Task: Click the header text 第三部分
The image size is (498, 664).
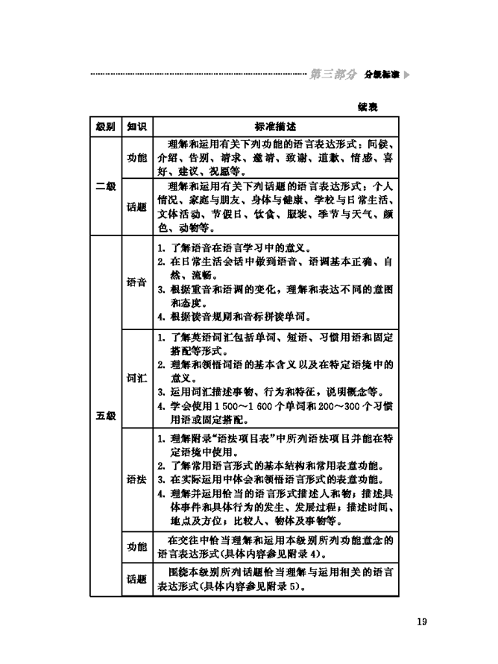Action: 333,75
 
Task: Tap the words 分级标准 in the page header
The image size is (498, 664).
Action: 381,75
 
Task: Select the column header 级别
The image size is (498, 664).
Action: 105,126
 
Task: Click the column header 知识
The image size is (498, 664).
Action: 136,126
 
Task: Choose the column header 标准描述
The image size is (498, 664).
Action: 276,126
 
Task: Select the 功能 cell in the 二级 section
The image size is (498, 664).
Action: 136,158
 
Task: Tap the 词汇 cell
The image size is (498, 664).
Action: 136,378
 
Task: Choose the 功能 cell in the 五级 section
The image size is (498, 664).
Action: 136,546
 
